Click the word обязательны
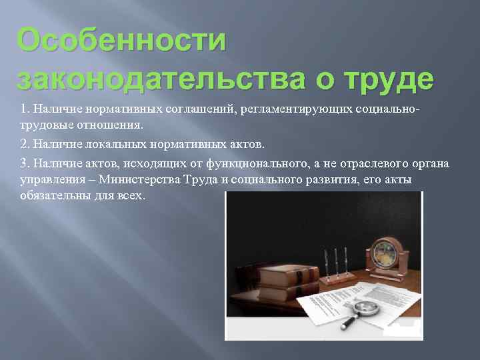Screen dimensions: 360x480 click(54, 197)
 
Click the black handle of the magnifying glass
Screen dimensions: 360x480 click(348, 323)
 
